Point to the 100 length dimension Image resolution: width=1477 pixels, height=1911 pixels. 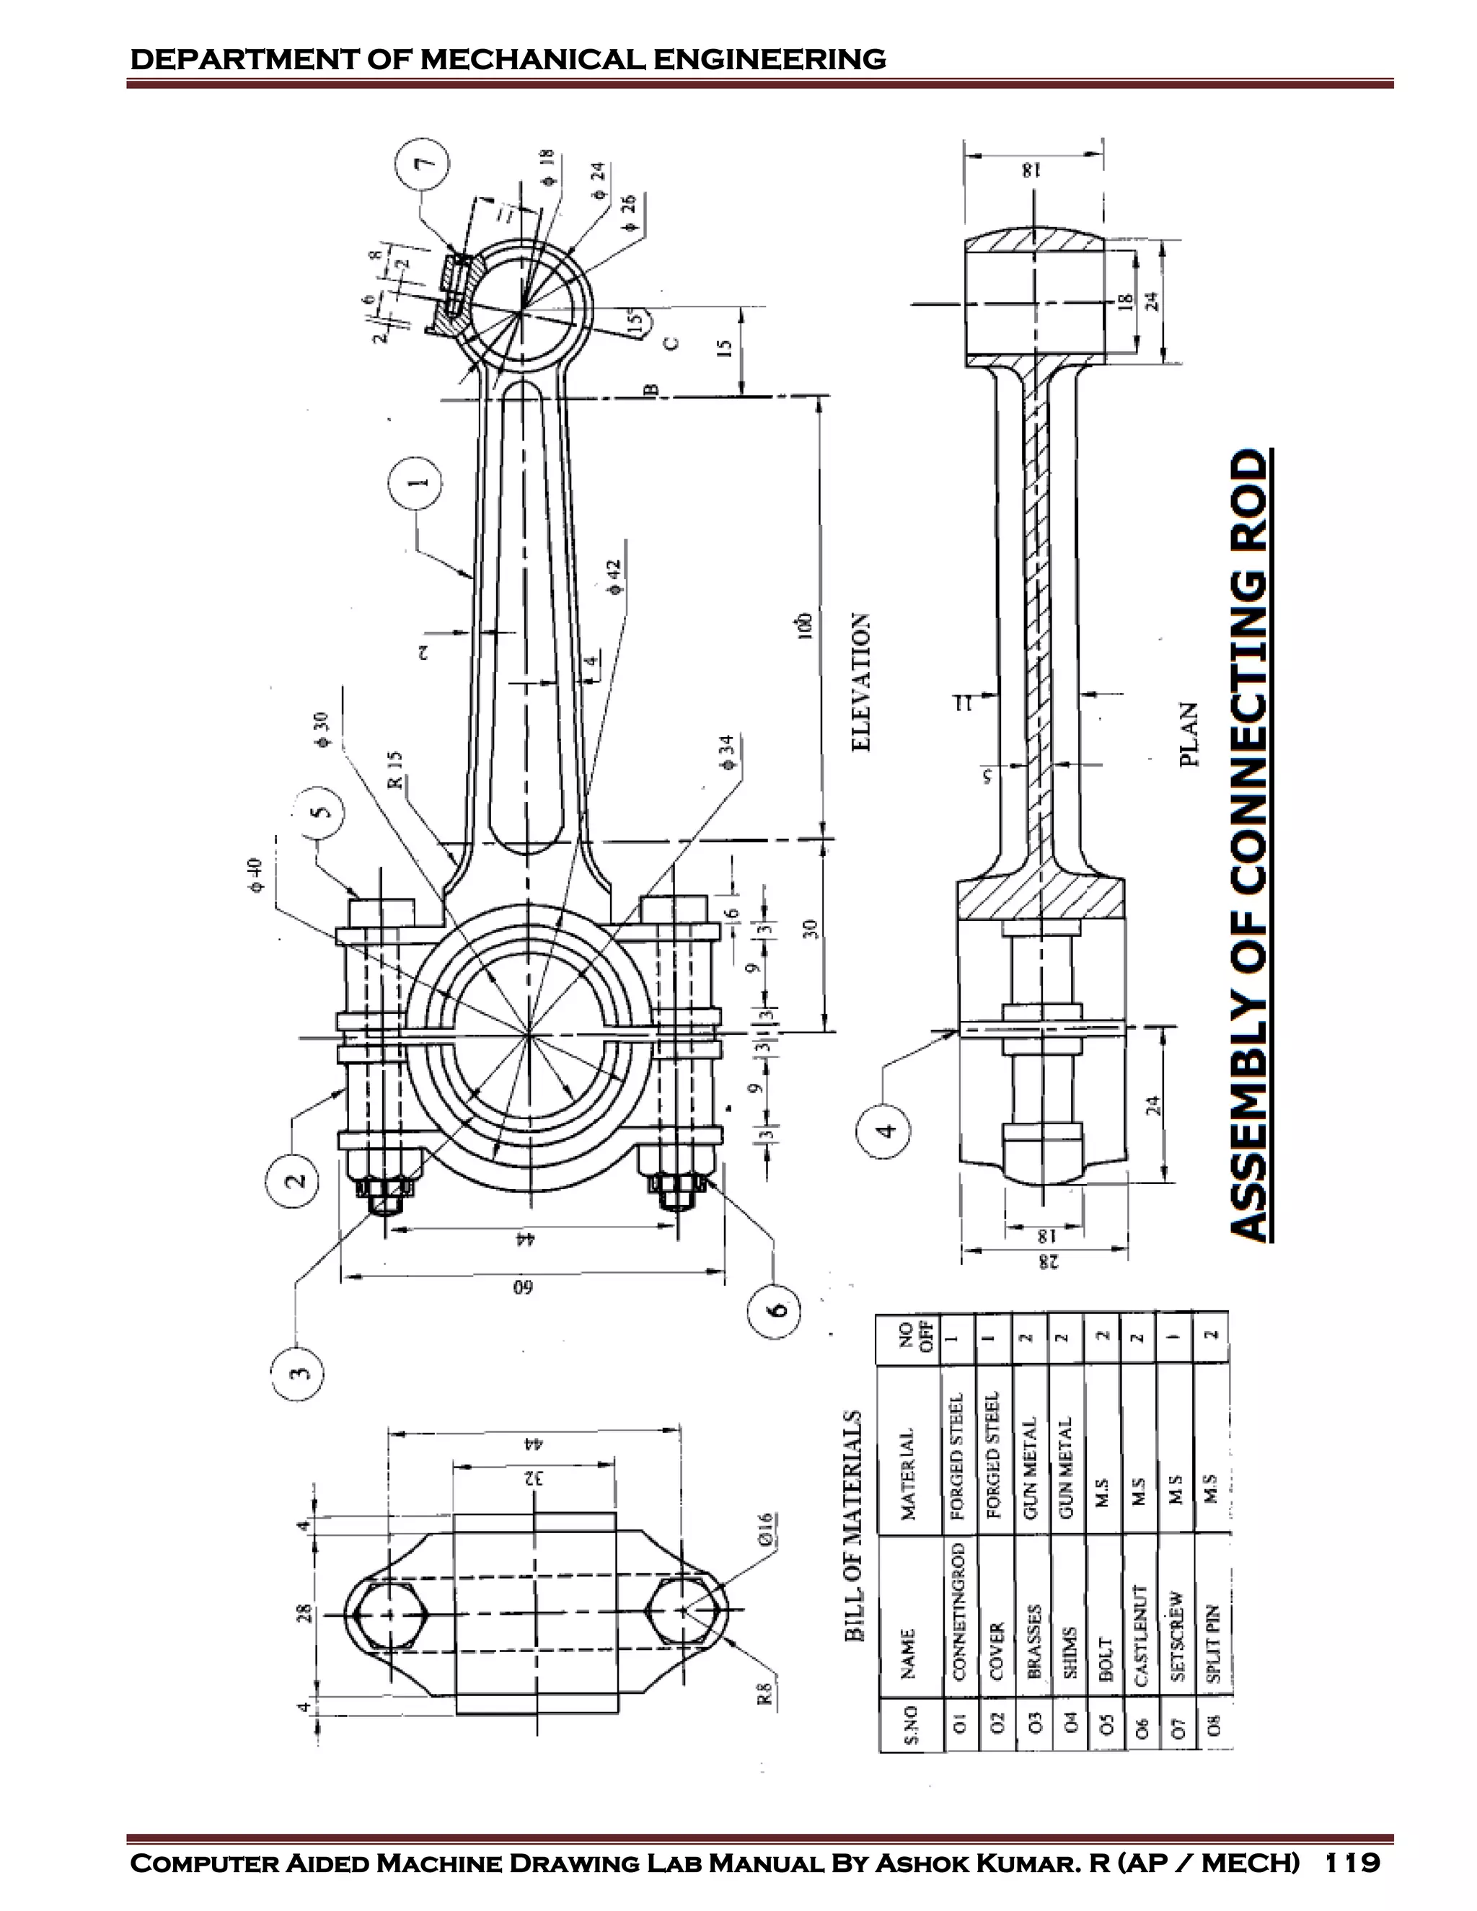coord(805,623)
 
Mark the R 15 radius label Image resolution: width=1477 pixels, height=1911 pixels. coord(395,768)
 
